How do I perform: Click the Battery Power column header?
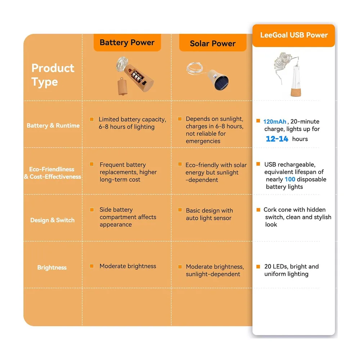click(127, 42)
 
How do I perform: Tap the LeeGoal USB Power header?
click(294, 35)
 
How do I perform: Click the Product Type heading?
click(53, 75)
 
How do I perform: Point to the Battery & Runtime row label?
click(53, 126)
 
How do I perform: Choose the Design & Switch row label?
click(52, 220)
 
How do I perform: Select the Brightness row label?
click(52, 267)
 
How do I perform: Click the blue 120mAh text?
click(275, 121)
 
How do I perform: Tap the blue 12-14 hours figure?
click(277, 139)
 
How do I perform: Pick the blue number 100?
click(290, 179)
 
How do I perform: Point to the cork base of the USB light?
click(296, 92)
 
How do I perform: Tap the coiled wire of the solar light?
click(195, 68)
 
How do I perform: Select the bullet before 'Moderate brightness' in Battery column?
click(91, 266)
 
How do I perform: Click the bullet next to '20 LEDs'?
click(258, 266)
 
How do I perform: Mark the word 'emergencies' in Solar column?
click(203, 141)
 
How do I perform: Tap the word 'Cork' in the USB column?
click(269, 210)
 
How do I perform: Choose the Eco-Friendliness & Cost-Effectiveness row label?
click(52, 173)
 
